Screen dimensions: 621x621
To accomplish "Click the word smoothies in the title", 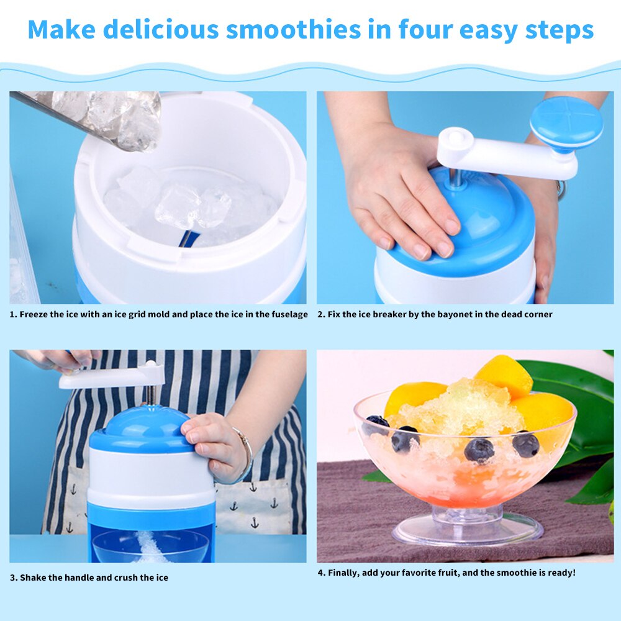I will pos(291,29).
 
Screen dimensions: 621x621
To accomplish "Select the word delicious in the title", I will pos(160,29).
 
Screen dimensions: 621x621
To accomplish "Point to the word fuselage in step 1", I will pos(289,314).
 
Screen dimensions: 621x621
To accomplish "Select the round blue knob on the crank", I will pos(566,122).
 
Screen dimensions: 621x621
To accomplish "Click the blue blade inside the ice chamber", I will pos(189,238).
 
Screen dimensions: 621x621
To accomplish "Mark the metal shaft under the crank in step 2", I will pos(457,177).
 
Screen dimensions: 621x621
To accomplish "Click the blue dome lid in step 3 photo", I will pos(140,428).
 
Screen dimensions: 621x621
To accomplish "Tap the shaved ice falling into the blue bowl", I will pos(149,546).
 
